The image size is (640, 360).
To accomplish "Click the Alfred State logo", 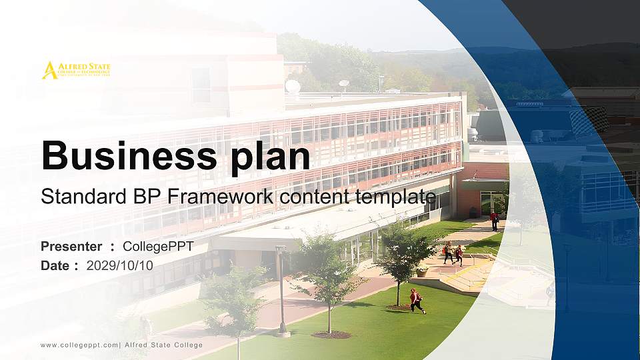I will (x=76, y=70).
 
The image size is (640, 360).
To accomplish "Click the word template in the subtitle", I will (x=396, y=197).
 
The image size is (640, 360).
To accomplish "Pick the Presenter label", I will (x=71, y=247).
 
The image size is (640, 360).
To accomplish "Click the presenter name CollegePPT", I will (x=158, y=247).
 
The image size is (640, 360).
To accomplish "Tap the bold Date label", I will (x=55, y=265).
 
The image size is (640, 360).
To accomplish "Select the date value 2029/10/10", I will (x=119, y=265).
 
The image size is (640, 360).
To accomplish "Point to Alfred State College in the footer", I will (x=164, y=345).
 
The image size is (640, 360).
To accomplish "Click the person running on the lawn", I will (x=417, y=301).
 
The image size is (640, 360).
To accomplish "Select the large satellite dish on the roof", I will (x=293, y=86).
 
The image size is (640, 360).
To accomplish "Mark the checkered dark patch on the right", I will (x=588, y=121).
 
